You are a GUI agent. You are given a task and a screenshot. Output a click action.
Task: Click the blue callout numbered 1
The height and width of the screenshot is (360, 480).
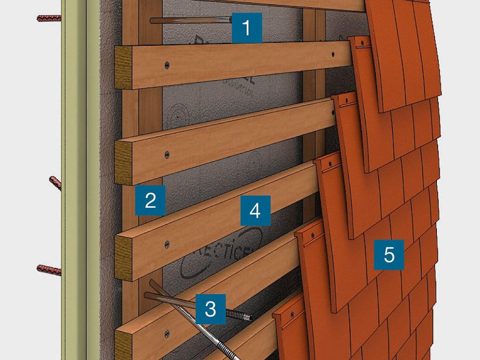pos(247,28)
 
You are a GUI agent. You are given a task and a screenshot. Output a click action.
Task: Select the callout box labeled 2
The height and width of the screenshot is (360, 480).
pos(150,200)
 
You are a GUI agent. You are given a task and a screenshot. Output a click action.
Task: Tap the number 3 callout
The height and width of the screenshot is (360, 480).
pos(210,309)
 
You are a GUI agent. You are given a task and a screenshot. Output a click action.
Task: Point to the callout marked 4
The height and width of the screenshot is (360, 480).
pos(255,210)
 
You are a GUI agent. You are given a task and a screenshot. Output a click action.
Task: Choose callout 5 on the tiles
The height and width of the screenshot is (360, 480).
pos(389,254)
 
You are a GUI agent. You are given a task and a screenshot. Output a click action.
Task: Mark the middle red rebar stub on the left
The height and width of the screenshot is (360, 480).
pos(55,183)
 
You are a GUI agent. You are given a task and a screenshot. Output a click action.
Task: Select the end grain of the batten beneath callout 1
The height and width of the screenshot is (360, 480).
pos(123,67)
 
